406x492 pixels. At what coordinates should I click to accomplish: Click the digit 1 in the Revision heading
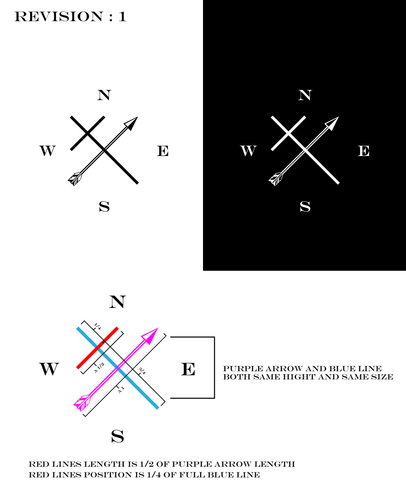coord(122,17)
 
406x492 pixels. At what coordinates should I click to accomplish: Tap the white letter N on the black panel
coord(305,95)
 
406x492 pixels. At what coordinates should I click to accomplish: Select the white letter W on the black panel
coord(248,151)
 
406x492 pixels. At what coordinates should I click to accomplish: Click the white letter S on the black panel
coord(305,206)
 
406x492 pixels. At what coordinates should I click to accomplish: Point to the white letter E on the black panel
coord(364,151)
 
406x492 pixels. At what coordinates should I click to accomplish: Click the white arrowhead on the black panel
coord(332,123)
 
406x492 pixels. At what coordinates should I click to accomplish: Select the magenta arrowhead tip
coord(158,328)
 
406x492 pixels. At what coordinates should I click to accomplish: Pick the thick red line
coord(97,348)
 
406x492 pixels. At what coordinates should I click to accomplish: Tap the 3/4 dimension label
coord(142,371)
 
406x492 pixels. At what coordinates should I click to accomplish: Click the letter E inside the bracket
coord(188,369)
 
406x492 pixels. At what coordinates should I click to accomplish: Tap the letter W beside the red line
coord(49,369)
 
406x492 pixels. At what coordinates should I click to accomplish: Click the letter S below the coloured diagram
coord(117,437)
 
